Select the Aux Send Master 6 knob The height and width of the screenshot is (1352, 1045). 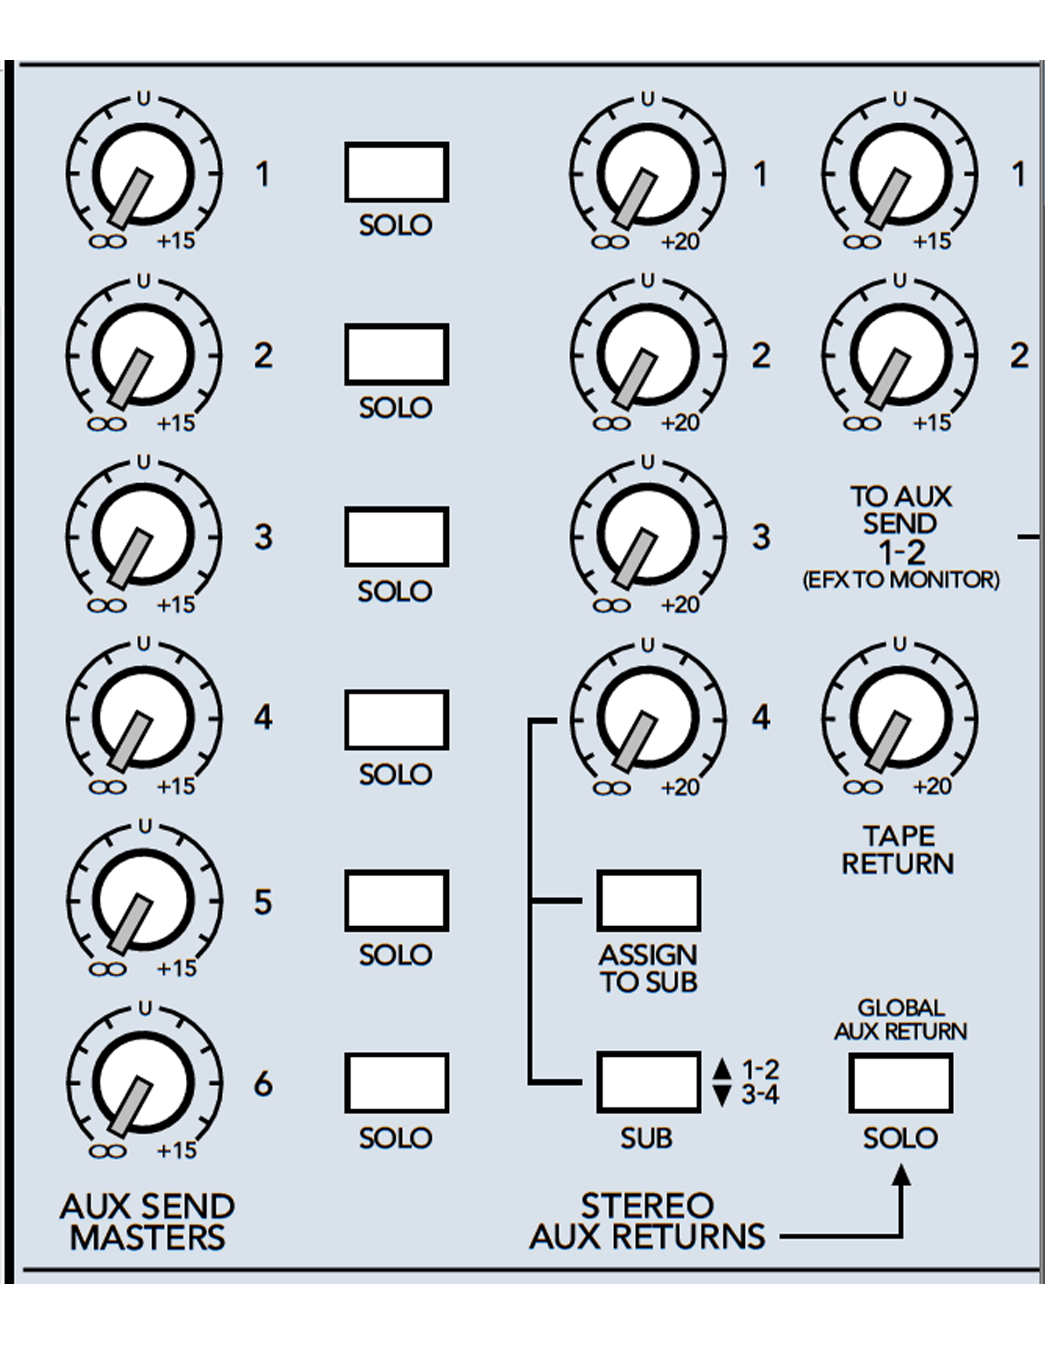[143, 1083]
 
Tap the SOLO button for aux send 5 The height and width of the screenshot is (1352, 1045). [396, 901]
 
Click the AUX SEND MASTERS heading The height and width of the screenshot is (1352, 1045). [148, 1223]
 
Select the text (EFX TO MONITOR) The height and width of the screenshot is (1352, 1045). [901, 580]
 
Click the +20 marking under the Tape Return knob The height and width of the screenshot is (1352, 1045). [932, 786]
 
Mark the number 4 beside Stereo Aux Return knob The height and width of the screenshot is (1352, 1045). [761, 718]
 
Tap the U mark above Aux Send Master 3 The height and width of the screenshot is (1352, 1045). [143, 463]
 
